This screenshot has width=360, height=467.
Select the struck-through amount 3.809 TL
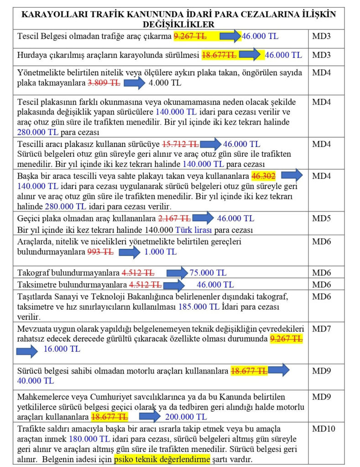[104, 83]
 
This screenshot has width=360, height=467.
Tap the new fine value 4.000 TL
[163, 83]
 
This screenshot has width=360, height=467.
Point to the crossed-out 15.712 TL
[180, 144]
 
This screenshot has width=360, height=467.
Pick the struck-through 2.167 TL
[174, 218]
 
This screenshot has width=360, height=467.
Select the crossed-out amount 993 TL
[100, 252]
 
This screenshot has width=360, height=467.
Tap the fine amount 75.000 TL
[208, 273]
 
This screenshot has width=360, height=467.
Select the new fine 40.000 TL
[35, 381]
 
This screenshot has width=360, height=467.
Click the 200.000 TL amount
[186, 417]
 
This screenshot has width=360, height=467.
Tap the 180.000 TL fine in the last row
[89, 439]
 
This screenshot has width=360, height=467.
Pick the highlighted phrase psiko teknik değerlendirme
[162, 459]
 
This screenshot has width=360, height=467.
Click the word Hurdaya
[33, 55]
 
